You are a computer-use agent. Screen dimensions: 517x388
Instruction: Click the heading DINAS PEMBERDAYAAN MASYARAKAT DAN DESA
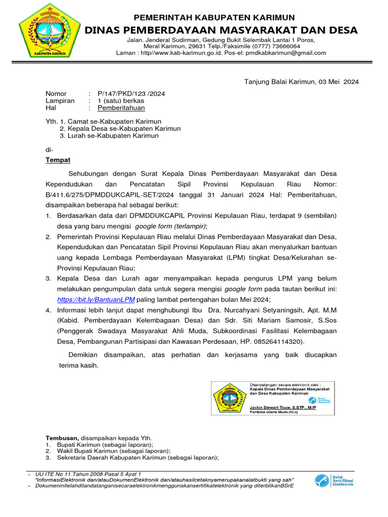pos(221,30)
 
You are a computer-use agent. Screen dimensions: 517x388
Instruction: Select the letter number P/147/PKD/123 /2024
pos(131,93)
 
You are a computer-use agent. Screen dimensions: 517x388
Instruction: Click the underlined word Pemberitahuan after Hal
pos(121,108)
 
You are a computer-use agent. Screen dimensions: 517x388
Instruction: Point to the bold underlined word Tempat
pos(58,160)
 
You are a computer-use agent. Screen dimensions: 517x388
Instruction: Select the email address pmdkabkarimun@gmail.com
pos(286,53)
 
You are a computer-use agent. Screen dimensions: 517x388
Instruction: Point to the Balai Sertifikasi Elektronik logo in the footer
pos(334,481)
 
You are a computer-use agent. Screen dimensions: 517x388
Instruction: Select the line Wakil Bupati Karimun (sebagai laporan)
pos(113,451)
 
